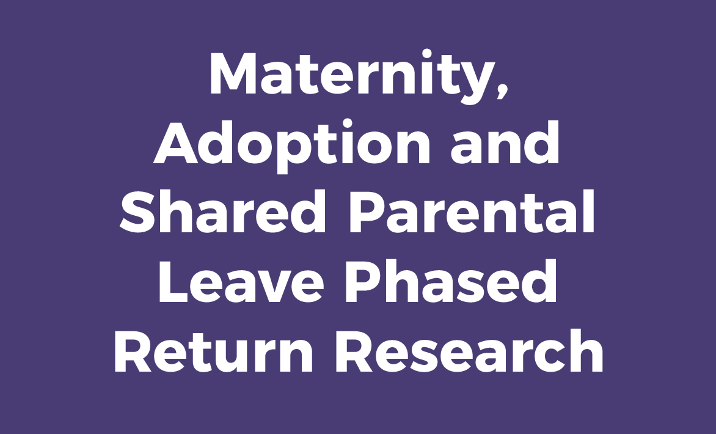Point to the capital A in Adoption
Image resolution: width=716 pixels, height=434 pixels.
point(177,144)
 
